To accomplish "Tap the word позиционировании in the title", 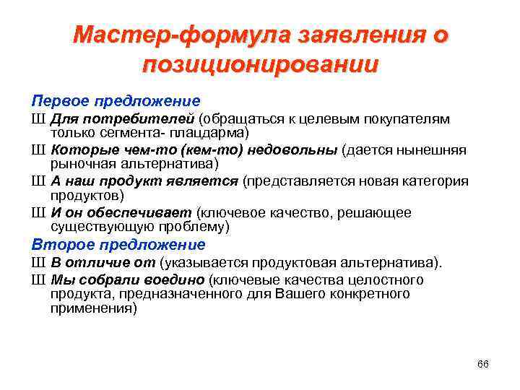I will [260, 65].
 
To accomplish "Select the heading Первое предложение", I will [116, 100].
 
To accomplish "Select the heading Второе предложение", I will [118, 245].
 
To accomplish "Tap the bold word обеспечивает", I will [149, 212].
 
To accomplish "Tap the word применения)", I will [93, 308].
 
